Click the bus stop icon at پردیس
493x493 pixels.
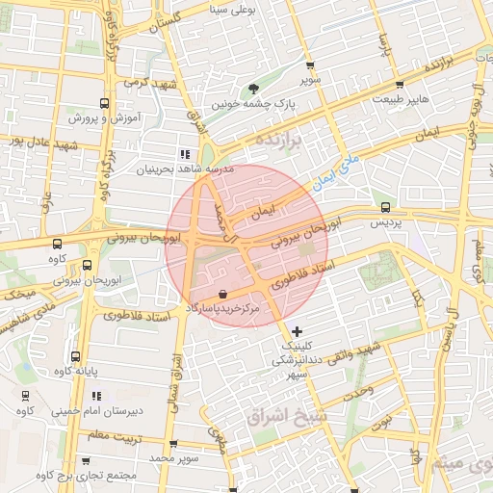[x=386, y=207]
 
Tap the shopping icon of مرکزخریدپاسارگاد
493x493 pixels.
[x=222, y=294]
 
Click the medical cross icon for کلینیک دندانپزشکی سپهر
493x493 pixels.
[x=297, y=331]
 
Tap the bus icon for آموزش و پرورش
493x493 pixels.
[x=104, y=102]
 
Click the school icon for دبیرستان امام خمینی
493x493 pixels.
[x=96, y=396]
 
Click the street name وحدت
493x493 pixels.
[x=358, y=387]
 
